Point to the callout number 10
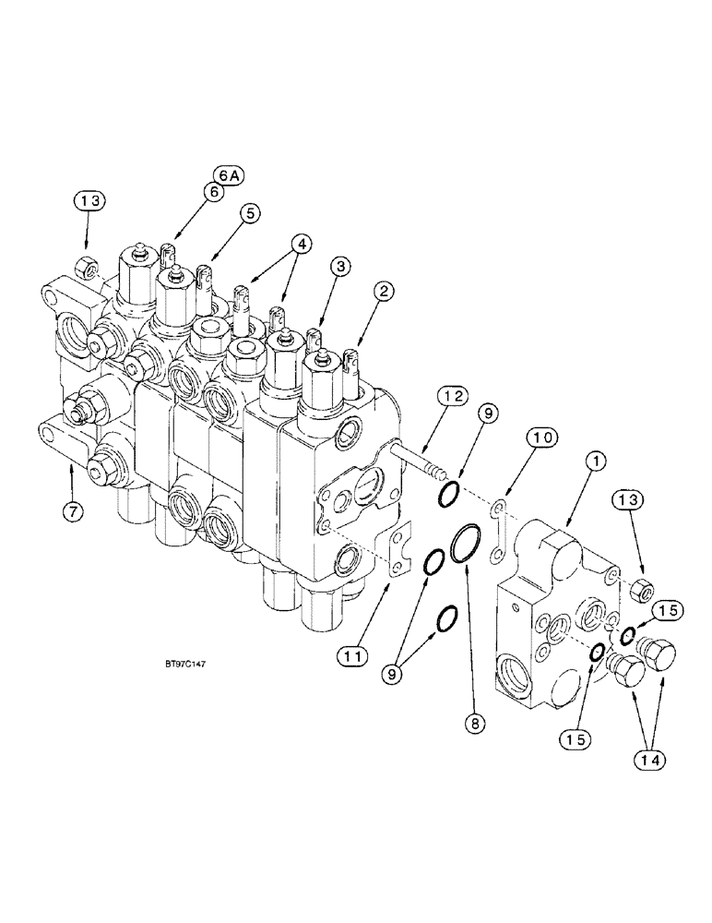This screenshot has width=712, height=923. tap(543, 437)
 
